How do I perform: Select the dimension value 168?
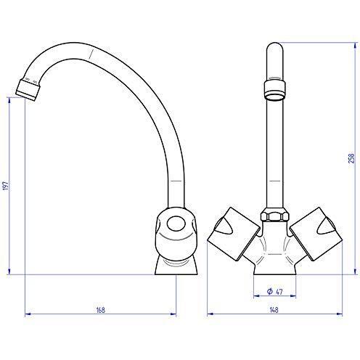[100, 310]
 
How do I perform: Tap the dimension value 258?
[351, 158]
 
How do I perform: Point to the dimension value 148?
[274, 310]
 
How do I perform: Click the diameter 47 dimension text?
[275, 292]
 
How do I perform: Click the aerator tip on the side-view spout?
[28, 89]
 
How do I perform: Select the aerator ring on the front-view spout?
[274, 89]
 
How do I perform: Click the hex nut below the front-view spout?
[274, 215]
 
